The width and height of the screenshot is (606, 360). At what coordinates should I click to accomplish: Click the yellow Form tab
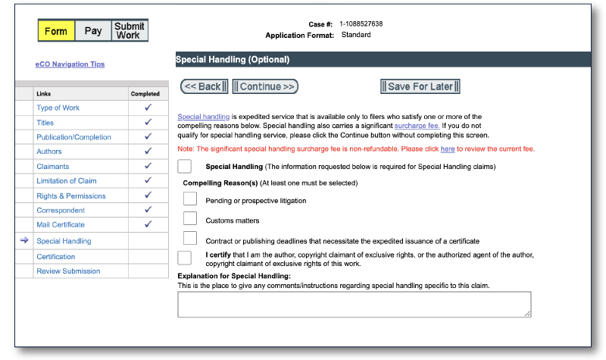coord(55,31)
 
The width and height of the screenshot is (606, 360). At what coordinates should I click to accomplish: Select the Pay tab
coord(92,31)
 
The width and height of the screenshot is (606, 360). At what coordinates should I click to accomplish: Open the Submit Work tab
coord(129,30)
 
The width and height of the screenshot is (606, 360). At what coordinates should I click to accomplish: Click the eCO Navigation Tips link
coord(70,64)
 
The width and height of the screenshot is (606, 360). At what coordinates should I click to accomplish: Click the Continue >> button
coord(265,86)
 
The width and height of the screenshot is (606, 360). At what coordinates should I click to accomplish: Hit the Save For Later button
coord(420,86)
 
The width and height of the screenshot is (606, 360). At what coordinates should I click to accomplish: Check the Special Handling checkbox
coord(184,166)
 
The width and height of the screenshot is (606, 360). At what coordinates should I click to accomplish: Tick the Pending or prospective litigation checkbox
coord(190,199)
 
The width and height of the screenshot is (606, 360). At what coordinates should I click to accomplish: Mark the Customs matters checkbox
coord(190,219)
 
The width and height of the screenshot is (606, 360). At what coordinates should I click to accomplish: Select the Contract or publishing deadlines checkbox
coord(190,239)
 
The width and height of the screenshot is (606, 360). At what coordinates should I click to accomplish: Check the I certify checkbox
coord(184,258)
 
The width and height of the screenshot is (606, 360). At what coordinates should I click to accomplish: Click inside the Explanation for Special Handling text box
coord(354,304)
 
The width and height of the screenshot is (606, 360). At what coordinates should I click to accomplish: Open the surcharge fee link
coord(417,125)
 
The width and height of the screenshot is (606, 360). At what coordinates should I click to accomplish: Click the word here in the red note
coord(448,149)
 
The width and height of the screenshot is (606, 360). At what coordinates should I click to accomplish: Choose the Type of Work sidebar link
coord(58,108)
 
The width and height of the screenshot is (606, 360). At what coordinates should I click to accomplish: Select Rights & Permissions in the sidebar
coord(71,196)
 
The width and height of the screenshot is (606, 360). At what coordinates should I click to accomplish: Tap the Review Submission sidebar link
coord(68,271)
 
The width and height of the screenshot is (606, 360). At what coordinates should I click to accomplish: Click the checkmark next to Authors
coord(148,152)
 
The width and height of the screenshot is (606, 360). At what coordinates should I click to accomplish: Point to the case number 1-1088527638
coord(361,24)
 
